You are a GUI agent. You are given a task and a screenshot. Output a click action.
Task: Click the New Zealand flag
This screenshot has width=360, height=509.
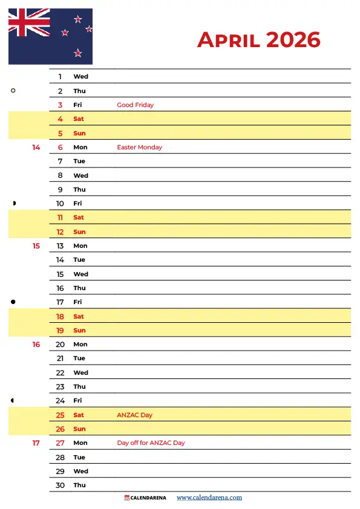[50, 36]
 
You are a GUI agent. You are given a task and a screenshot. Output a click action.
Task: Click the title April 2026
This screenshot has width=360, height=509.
[258, 40]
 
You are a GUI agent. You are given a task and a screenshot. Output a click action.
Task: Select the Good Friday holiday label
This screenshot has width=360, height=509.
[135, 105]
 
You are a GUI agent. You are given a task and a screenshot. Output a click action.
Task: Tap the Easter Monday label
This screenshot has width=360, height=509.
[139, 148]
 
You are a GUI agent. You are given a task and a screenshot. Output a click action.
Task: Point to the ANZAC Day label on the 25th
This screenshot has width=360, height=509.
[134, 415]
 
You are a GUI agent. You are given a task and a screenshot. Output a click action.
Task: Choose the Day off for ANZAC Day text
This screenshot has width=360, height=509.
[151, 443]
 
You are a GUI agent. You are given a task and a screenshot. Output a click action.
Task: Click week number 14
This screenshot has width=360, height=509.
[36, 148]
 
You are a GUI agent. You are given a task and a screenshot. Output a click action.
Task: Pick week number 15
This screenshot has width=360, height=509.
[36, 246]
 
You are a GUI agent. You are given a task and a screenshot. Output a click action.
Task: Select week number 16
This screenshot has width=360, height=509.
[36, 345]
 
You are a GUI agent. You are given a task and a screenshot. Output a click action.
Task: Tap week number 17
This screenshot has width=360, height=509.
[36, 443]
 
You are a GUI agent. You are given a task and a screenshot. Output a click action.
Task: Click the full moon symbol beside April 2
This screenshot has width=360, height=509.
[13, 91]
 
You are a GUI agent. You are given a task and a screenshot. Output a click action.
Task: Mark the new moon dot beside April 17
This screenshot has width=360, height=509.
[13, 302]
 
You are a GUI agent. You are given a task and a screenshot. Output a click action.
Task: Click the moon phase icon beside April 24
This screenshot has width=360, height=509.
[13, 400]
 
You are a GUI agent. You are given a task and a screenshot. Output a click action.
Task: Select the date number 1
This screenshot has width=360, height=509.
[60, 77]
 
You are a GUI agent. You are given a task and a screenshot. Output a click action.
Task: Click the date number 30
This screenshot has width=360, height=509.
[60, 485]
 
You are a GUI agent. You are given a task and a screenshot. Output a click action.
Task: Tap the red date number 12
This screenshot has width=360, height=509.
[60, 232]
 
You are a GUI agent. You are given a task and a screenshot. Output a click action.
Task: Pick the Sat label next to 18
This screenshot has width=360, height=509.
[79, 317]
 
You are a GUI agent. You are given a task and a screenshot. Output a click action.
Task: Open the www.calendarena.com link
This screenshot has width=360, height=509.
[209, 498]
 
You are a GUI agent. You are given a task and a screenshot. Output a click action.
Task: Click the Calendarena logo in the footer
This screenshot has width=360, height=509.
[145, 498]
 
